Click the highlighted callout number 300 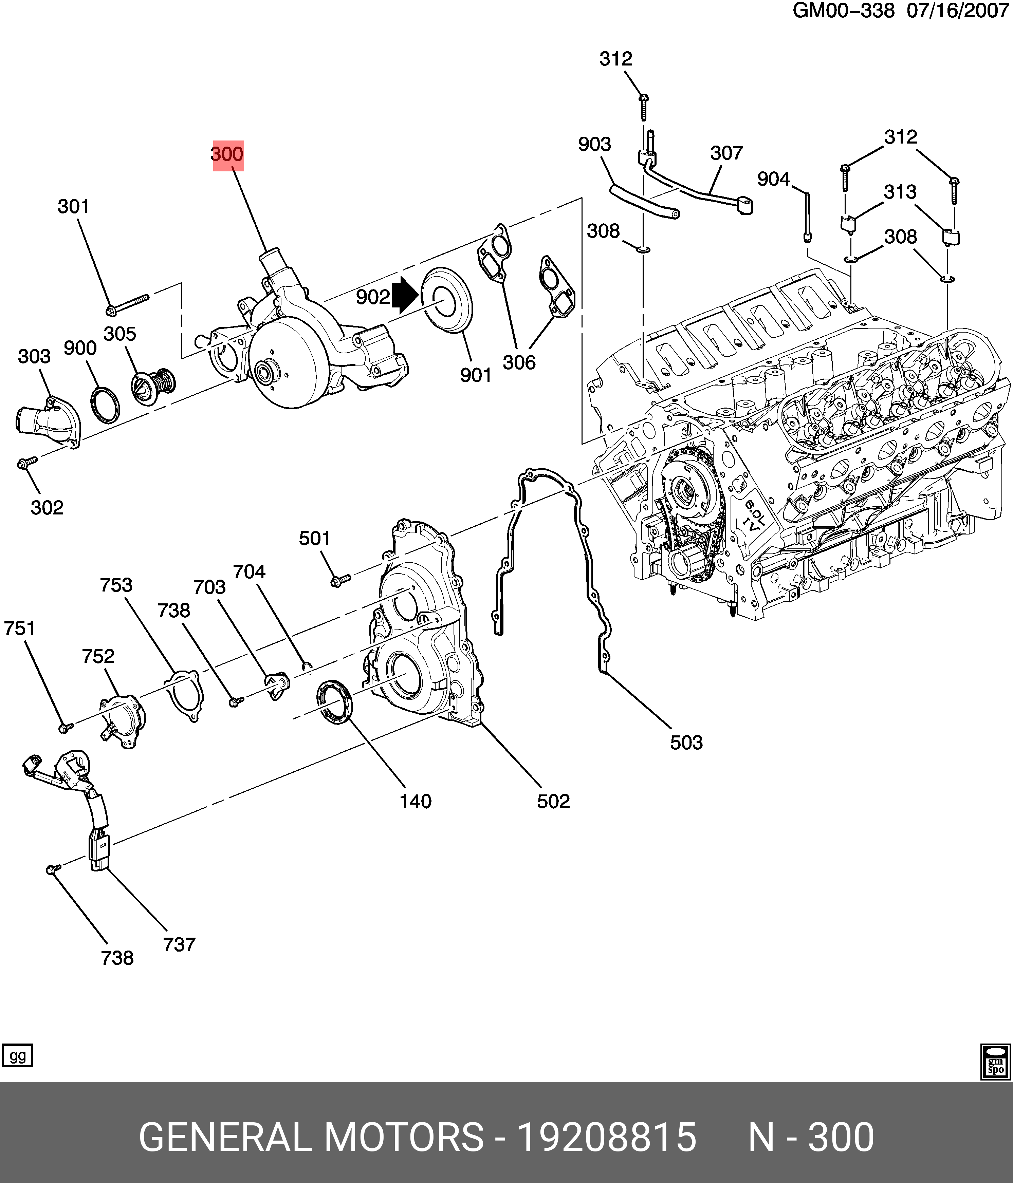(228, 155)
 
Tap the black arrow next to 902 (405, 295)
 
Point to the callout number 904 (773, 179)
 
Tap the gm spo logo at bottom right (995, 1062)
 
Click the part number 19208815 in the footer (606, 1137)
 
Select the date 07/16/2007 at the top (958, 11)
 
